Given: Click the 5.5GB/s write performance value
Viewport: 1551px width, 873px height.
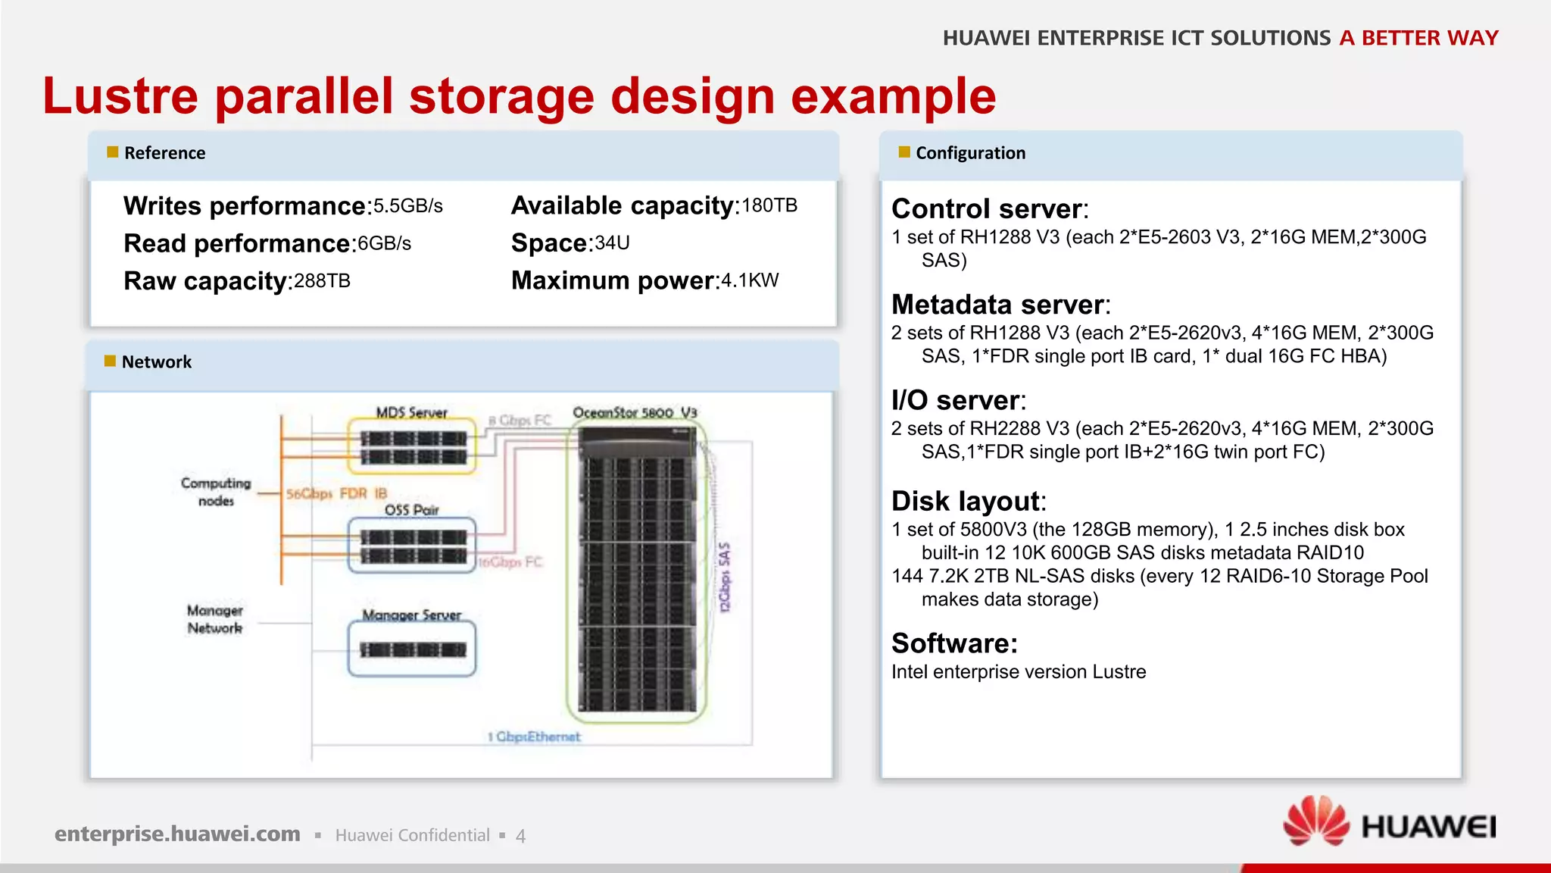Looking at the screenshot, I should coord(408,206).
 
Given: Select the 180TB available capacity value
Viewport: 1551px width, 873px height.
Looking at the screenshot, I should coord(769,205).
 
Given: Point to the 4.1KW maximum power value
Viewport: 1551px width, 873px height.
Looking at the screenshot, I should coord(750,280).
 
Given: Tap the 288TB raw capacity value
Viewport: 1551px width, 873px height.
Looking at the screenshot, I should coord(322,281).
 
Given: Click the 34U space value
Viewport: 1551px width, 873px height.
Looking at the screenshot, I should coord(612,243).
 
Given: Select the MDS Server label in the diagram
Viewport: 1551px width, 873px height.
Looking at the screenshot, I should coord(411,412).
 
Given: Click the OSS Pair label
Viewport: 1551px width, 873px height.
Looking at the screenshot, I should coord(411,510).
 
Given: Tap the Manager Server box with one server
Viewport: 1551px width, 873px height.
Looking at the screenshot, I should coord(412,649).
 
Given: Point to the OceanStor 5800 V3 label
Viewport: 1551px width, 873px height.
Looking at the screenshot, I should coord(635,413).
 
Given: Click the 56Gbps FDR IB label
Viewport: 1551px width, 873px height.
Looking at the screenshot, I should coord(336,494).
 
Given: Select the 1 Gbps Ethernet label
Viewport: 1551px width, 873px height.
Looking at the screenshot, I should coord(534,737).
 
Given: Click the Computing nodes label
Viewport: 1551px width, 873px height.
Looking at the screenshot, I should coord(216,492).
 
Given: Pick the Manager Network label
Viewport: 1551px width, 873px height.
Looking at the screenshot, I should coord(215,619).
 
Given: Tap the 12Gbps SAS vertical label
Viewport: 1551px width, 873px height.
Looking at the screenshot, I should coord(725,577).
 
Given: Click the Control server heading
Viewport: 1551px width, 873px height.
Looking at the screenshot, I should coord(989,208).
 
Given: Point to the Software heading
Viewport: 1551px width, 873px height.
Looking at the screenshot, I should coord(954,643).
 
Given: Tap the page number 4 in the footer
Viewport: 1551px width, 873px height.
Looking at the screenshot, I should coord(520,836).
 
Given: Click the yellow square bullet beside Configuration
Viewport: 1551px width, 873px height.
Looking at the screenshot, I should coord(903,152).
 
